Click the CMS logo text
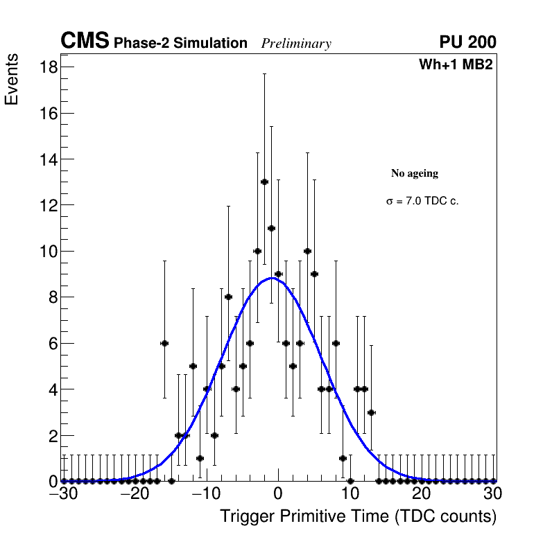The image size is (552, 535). click(x=85, y=42)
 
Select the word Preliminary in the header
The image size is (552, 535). click(x=296, y=44)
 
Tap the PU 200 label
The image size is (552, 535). click(x=467, y=42)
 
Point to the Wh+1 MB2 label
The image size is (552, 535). click(x=456, y=65)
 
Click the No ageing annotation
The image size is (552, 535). click(x=415, y=173)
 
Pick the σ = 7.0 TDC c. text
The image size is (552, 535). click(x=422, y=201)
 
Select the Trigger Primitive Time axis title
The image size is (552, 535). click(x=358, y=516)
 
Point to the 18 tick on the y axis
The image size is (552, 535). click(x=48, y=67)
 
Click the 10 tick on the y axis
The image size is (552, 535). click(x=48, y=251)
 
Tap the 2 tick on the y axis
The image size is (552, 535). click(x=52, y=435)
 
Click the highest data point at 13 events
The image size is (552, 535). click(x=264, y=182)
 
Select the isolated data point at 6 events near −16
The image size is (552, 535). click(x=164, y=343)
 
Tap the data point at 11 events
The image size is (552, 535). click(x=271, y=228)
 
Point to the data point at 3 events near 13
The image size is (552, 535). click(x=371, y=412)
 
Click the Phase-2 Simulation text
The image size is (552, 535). click(x=180, y=44)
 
